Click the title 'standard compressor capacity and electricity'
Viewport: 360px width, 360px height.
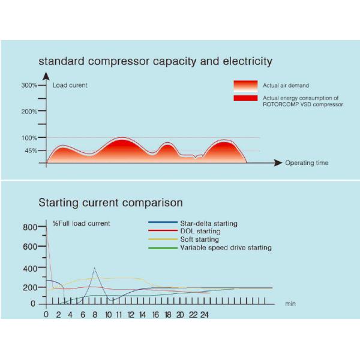click(155, 61)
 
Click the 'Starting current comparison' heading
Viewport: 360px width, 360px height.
click(110, 203)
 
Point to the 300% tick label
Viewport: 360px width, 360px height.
click(29, 85)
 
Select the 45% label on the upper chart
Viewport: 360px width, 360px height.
click(31, 151)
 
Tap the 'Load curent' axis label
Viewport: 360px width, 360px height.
click(70, 85)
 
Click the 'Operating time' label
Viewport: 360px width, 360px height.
click(307, 163)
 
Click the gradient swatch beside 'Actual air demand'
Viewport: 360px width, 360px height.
click(245, 85)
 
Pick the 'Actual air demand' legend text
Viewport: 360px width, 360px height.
click(286, 85)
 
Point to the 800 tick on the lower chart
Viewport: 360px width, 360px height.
click(29, 227)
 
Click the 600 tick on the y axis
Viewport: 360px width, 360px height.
click(29, 246)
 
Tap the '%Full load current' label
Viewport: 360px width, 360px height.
click(81, 223)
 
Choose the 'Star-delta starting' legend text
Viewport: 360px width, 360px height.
click(209, 223)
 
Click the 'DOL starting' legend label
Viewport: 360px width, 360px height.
click(200, 231)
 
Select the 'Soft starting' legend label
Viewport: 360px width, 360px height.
click(200, 239)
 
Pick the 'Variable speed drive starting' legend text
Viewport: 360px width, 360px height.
click(226, 247)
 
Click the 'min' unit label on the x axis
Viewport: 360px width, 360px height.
click(290, 304)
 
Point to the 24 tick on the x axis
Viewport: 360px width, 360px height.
click(204, 314)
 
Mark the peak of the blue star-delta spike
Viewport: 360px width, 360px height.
click(94, 268)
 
